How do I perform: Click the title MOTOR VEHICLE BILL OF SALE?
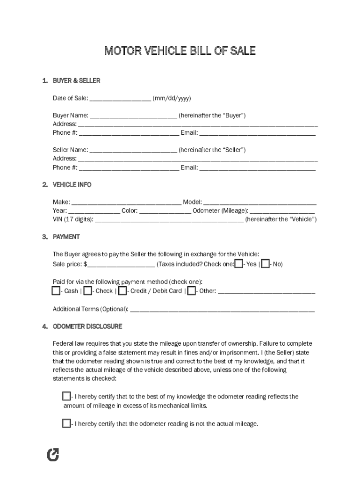180,51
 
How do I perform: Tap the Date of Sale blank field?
120,99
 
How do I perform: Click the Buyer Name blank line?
133,116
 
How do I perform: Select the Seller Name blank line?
133,150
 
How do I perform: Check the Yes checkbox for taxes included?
239,264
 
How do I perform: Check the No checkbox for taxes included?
266,264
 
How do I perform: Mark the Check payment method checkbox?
87,291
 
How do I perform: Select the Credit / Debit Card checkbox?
122,291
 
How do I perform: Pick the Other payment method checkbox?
191,291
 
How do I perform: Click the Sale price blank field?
121,265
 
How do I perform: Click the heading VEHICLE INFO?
72,185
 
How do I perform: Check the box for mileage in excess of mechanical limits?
66,397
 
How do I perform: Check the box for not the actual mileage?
66,424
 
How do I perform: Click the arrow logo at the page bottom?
54,454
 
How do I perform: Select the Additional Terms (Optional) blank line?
222,309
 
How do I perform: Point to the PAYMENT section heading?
66,237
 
